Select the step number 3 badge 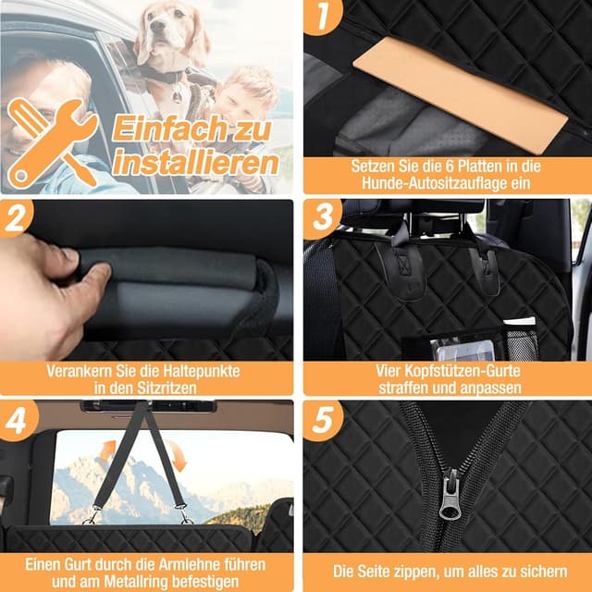[322, 219]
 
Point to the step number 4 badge [16, 420]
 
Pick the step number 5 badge [322, 420]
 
